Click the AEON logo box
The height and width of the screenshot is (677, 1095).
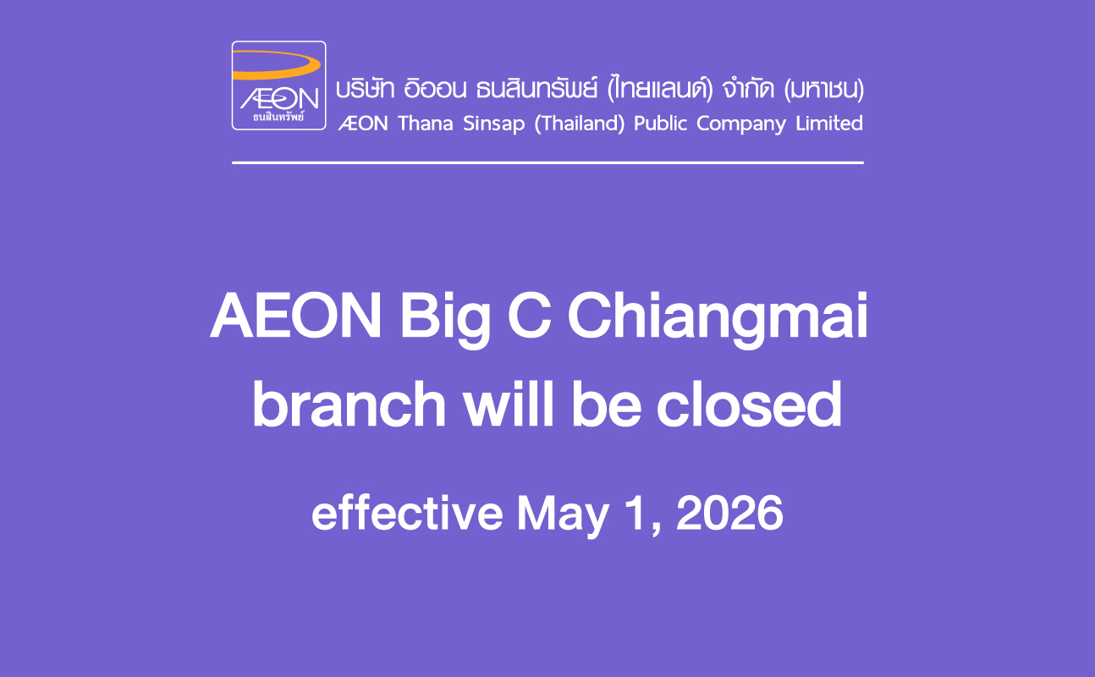click(278, 85)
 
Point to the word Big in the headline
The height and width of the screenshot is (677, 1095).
click(445, 319)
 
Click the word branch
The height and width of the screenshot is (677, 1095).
click(349, 404)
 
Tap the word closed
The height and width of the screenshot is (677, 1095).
click(749, 404)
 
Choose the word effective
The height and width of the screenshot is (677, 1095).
click(407, 512)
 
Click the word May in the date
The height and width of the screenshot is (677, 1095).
click(563, 516)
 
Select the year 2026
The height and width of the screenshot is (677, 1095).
click(729, 513)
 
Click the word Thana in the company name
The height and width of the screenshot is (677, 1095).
click(426, 124)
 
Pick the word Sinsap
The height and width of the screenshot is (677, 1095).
click(493, 124)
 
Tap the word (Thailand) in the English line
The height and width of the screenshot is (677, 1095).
click(580, 124)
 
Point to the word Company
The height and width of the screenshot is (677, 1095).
click(741, 124)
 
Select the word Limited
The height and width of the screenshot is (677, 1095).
click(829, 124)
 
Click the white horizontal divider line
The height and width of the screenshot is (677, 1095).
click(547, 162)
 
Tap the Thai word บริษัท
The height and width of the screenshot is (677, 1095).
click(366, 90)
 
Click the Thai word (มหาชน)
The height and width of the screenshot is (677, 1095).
click(823, 90)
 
